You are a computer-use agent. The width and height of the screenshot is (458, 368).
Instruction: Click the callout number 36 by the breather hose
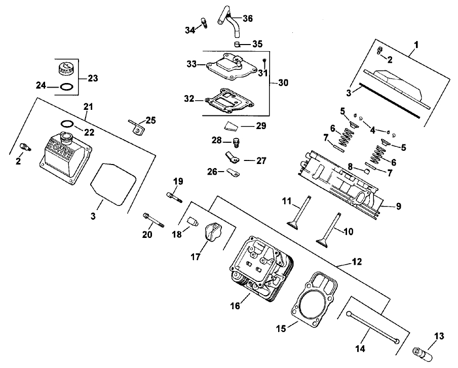coord(248,18)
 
